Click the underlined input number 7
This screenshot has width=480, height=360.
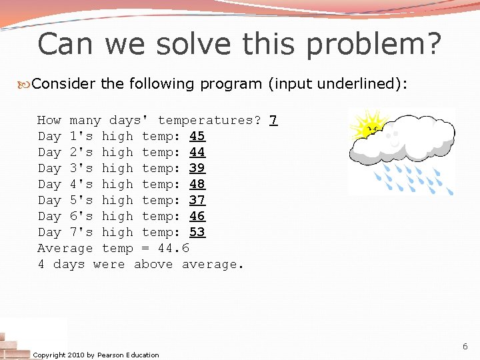click(x=273, y=121)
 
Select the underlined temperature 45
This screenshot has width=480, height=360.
click(x=197, y=137)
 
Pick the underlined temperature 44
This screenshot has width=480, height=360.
click(x=197, y=153)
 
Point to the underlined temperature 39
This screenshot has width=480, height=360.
click(x=197, y=169)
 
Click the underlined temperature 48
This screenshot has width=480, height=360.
click(x=197, y=185)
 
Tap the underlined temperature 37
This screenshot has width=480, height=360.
click(x=197, y=201)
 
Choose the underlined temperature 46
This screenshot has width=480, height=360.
click(x=197, y=217)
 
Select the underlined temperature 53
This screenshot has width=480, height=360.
click(x=197, y=233)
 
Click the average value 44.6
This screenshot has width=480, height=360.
click(x=173, y=249)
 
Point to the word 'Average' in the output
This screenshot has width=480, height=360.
click(x=65, y=249)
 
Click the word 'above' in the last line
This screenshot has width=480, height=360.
click(x=153, y=265)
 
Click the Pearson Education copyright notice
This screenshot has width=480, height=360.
click(x=96, y=355)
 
